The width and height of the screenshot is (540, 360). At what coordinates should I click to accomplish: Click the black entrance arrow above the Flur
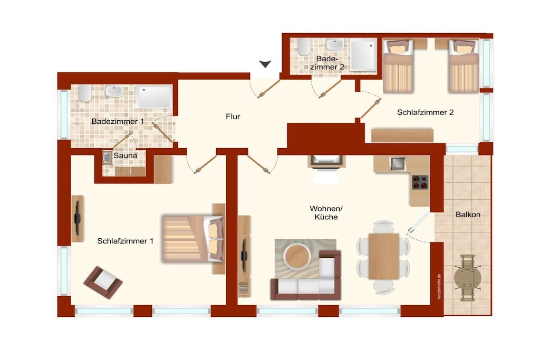[x=265, y=64]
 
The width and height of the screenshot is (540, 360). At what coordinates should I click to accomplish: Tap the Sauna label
[x=126, y=155]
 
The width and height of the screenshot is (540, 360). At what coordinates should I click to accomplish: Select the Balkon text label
[x=468, y=215]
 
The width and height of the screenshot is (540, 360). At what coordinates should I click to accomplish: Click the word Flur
[x=233, y=116]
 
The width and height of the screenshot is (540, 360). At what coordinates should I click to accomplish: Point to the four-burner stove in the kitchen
[x=420, y=182]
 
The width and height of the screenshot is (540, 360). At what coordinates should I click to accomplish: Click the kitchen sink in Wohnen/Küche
[x=398, y=164]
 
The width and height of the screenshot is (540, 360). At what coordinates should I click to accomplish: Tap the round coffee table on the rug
[x=297, y=256]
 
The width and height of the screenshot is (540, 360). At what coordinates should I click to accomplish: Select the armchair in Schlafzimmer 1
[x=103, y=282]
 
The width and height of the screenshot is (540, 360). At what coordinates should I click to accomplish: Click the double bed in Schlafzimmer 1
[x=192, y=239]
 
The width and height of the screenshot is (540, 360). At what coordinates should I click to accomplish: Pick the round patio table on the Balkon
[x=467, y=277]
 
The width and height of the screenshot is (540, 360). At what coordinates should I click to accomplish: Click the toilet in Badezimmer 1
[x=85, y=93]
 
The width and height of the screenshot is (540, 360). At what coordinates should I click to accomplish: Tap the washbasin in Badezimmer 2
[x=335, y=45]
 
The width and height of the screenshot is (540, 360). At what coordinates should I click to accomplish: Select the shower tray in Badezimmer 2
[x=364, y=55]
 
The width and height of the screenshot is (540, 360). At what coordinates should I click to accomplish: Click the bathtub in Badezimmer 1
[x=153, y=96]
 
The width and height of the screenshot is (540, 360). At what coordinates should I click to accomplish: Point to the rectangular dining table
[x=384, y=256]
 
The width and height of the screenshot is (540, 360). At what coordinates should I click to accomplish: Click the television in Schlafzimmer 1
[x=78, y=218]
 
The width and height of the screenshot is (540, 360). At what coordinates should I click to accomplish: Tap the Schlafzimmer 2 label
[x=426, y=113]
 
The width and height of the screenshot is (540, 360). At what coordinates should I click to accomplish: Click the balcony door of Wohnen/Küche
[x=418, y=223]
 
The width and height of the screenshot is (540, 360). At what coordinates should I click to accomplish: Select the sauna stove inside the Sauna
[x=107, y=157]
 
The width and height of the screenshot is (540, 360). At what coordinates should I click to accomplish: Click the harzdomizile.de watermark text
[x=439, y=287]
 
